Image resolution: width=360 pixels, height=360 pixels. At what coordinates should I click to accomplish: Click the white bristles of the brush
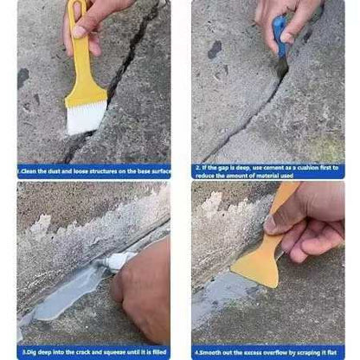click(x=87, y=117)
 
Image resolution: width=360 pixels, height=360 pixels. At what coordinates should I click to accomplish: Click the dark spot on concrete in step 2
click(x=214, y=49)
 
